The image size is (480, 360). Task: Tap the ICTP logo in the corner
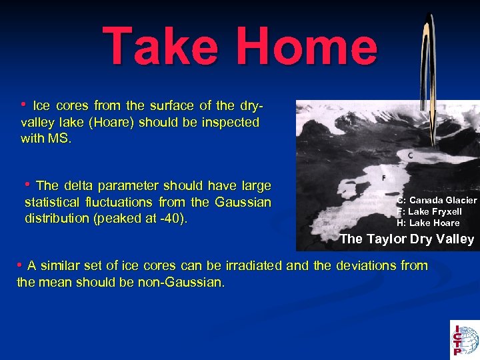click(x=464, y=339)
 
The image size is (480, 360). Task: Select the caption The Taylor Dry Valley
click(x=407, y=239)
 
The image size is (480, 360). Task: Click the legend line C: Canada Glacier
click(x=437, y=200)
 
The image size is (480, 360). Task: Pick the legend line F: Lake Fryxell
click(x=429, y=211)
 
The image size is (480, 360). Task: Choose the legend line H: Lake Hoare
click(x=428, y=223)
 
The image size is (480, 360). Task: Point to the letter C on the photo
click(x=410, y=155)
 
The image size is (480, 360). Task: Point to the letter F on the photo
click(x=383, y=178)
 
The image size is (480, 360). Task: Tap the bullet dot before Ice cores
click(x=24, y=105)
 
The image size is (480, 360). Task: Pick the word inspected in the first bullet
click(x=234, y=122)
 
